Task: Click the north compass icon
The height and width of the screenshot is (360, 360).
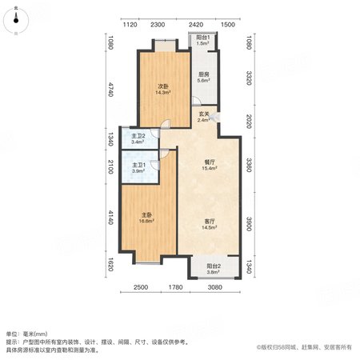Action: pos(16,21)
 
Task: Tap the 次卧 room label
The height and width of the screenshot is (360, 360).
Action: pos(163,86)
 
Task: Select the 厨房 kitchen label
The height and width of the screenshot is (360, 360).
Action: pos(203,74)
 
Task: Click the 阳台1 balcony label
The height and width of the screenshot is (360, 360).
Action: pos(203,38)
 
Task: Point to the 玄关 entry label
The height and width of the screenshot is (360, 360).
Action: pos(204,114)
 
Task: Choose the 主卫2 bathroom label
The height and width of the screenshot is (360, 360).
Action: pos(138,136)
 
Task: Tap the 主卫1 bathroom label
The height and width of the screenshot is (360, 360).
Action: pos(138,166)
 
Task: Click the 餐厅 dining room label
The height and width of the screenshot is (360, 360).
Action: pos(210,162)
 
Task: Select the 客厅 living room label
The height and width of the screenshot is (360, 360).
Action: pos(210,222)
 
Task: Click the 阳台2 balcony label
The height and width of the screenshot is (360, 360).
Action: pos(214,266)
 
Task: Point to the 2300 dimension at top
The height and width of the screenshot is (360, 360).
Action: pos(158,25)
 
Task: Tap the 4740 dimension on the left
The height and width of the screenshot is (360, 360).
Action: pos(111,90)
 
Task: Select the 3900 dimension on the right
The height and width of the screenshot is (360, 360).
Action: pos(249,224)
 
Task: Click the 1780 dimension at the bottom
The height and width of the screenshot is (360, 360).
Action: pos(176,287)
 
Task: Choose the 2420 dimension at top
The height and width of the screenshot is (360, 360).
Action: pos(196,25)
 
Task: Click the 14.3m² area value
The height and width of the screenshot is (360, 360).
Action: pos(163,93)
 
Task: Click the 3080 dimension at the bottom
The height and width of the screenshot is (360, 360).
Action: pos(215,287)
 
